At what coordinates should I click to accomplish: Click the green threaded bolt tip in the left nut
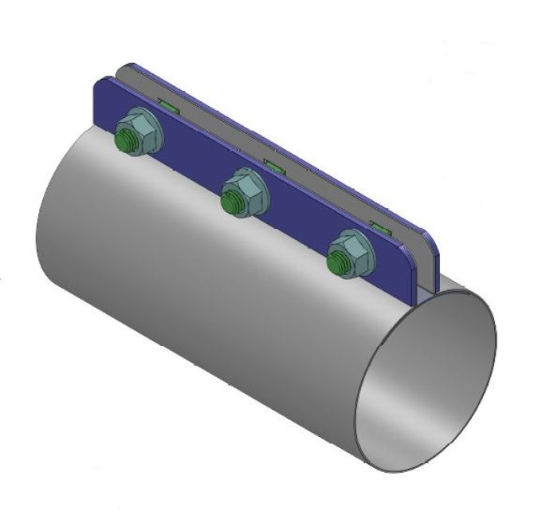click(126, 143)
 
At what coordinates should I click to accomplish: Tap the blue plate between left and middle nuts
click(187, 163)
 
